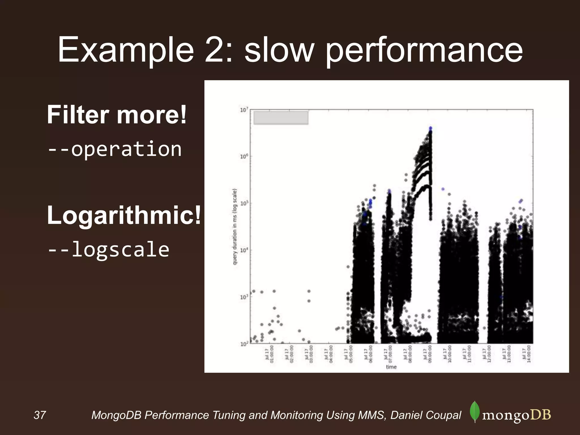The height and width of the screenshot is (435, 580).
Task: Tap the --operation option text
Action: click(115, 149)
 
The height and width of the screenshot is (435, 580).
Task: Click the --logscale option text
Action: click(108, 250)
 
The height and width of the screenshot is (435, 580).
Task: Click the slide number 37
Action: click(40, 415)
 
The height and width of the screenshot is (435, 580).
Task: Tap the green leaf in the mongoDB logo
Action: click(475, 411)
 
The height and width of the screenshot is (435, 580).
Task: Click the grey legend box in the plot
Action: click(281, 118)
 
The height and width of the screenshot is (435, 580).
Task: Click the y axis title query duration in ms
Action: click(235, 227)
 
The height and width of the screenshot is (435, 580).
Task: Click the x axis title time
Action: click(391, 367)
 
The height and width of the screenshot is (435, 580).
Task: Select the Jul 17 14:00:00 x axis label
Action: click(526, 354)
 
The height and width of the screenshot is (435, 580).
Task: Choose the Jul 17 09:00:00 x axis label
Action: click(427, 354)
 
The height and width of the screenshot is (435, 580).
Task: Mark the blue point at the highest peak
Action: click(430, 128)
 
